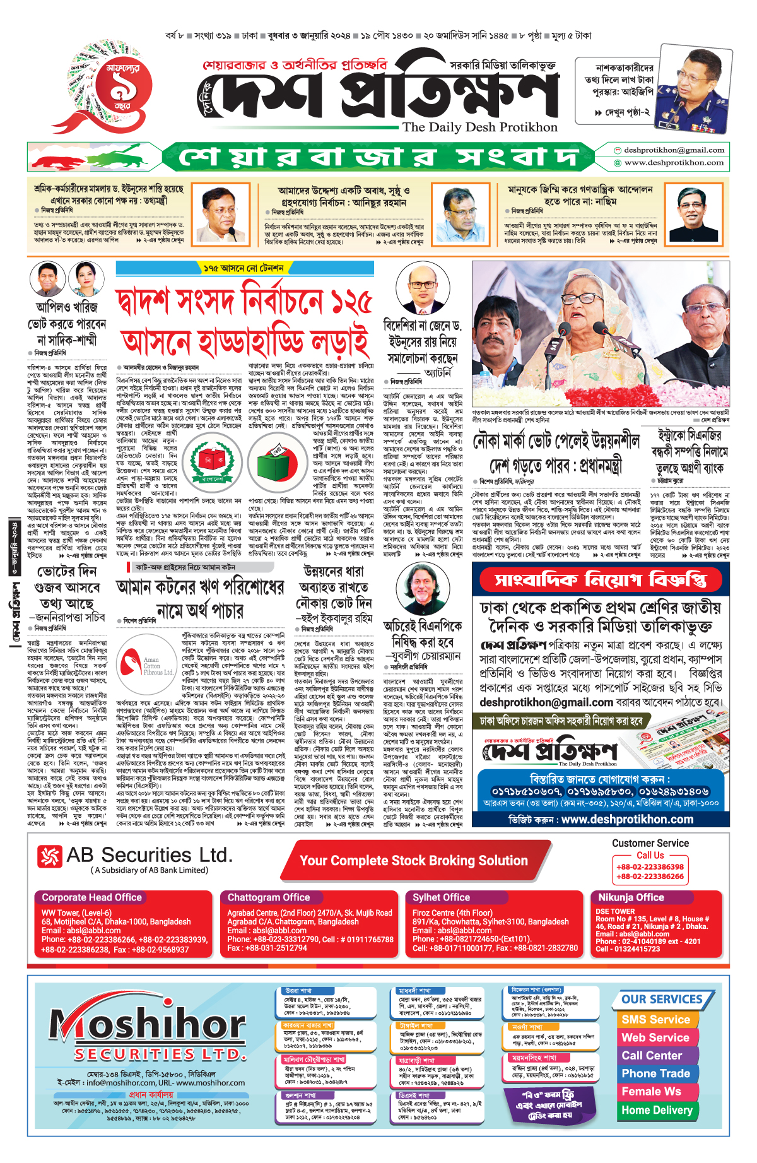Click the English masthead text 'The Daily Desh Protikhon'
pos(480,127)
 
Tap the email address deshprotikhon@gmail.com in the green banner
pos(673,150)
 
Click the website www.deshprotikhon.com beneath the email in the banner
pos(673,163)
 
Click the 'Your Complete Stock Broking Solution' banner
pos(413,861)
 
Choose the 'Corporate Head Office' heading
pos(91,897)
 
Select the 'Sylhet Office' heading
pos(441,897)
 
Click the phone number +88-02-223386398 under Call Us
pos(650,867)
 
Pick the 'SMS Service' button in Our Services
pos(655,1020)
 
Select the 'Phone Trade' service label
pos(655,1073)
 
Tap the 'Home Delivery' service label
pos(657,1110)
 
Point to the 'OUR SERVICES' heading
pos(662,1000)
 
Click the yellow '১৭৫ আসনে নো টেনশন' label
pos(244,268)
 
